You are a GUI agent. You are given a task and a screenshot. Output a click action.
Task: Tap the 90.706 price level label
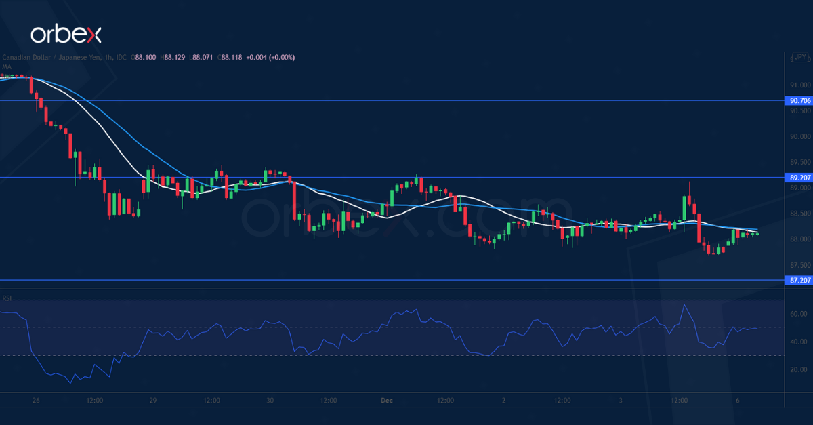799,100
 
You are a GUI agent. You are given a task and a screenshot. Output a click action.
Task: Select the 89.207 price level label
799,178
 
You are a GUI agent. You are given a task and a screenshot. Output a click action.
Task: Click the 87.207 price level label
799,280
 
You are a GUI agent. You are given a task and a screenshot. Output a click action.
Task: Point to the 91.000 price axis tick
799,85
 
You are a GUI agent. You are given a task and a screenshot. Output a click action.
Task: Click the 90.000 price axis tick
799,136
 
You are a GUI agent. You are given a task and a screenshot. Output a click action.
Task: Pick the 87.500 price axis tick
799,265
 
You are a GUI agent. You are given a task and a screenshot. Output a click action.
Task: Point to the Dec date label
387,401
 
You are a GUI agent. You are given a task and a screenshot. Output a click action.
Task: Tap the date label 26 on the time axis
36,401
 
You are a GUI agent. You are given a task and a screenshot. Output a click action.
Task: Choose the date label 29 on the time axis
153,401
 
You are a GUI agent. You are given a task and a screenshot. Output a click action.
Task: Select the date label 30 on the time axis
270,401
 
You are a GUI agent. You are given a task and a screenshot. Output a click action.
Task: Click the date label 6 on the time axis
738,401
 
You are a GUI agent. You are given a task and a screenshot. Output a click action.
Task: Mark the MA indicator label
6,66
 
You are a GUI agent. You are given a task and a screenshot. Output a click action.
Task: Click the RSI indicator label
7,298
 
